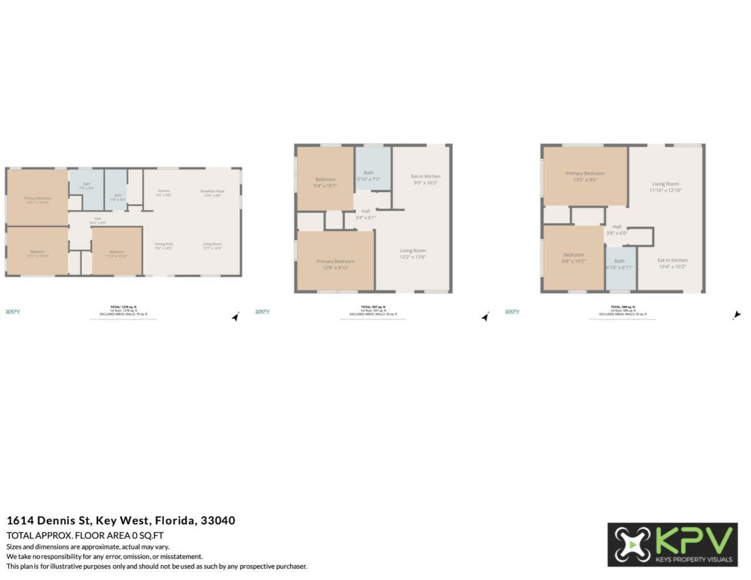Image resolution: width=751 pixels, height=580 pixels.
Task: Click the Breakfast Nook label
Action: click(x=212, y=193)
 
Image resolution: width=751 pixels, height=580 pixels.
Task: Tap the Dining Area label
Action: click(x=164, y=246)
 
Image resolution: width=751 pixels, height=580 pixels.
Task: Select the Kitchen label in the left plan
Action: click(x=164, y=192)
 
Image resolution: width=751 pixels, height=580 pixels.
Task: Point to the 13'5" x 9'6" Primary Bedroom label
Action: click(x=585, y=177)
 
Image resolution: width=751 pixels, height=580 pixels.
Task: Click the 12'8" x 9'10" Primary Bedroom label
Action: click(x=335, y=264)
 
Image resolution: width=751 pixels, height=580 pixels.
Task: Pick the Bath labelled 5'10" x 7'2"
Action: click(x=368, y=176)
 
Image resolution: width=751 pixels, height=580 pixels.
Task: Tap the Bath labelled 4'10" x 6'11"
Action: click(x=619, y=264)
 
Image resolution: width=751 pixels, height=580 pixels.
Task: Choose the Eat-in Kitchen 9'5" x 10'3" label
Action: click(x=425, y=179)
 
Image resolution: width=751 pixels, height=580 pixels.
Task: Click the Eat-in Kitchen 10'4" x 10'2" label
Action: click(x=672, y=263)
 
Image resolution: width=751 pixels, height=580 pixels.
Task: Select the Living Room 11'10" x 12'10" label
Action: click(x=665, y=187)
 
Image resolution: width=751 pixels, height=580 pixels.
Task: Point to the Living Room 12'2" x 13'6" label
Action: click(x=412, y=253)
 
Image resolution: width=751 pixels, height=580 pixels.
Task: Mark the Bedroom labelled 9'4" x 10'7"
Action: click(x=325, y=182)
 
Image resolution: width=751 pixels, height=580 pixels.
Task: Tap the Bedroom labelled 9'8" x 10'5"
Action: click(x=573, y=258)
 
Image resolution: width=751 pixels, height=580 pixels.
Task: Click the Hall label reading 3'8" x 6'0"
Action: click(x=617, y=230)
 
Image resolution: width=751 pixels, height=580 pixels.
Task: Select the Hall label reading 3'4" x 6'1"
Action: click(x=366, y=214)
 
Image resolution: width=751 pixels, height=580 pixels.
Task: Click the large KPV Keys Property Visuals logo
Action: click(x=672, y=544)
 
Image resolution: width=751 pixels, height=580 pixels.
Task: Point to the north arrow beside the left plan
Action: click(x=235, y=317)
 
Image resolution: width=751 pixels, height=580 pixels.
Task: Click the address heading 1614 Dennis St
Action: click(x=121, y=520)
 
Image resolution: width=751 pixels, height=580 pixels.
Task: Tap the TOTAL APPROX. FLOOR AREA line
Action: click(x=85, y=535)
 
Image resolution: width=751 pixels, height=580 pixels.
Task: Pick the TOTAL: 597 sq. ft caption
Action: click(x=373, y=307)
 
